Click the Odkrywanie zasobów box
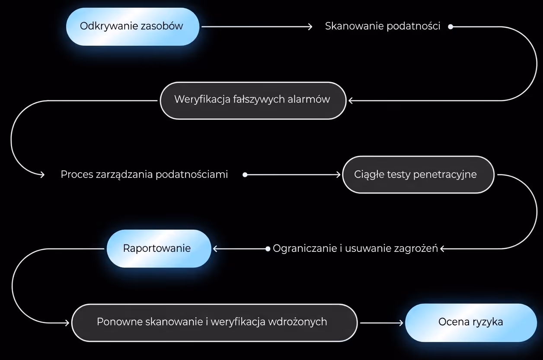pos(132,26)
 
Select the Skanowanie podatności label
pos(383,26)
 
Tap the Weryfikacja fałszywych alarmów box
pos(252,100)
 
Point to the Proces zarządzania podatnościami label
pos(144,175)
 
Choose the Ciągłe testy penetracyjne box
pos(418,175)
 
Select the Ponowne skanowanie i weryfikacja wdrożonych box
pos(214,322)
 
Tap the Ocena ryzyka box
pos(470,322)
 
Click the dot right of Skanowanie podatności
pos(450,27)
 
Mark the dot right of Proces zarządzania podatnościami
pos(245,175)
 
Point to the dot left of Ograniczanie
pos(268,249)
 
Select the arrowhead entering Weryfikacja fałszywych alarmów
pos(351,100)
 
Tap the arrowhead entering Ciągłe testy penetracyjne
pos(339,175)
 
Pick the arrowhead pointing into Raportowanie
pos(215,249)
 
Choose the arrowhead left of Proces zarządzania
pos(42,175)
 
